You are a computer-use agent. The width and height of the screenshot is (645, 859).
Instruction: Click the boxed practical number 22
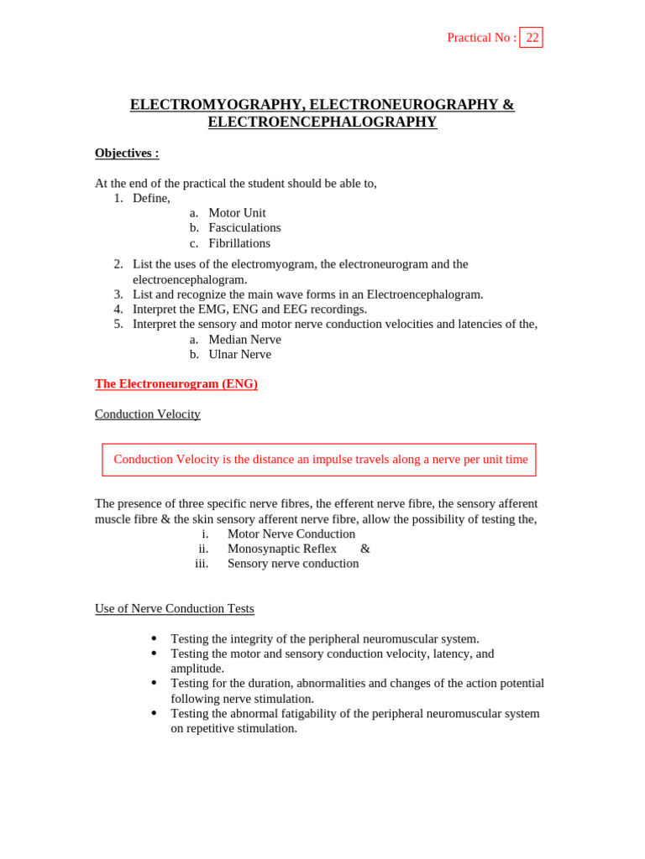pos(532,38)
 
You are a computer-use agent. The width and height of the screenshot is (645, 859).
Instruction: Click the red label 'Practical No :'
pos(481,38)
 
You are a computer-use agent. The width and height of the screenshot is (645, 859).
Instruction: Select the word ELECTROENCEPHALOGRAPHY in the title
pos(322,122)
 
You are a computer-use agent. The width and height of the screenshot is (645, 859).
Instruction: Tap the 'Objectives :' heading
pos(127,154)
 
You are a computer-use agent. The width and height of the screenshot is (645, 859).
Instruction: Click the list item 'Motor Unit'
pos(237,213)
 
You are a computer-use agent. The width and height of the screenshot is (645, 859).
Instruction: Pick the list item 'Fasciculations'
pos(244,228)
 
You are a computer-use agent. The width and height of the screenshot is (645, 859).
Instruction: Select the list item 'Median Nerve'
pos(244,340)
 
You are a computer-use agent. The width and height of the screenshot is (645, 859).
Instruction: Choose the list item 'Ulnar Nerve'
pos(239,355)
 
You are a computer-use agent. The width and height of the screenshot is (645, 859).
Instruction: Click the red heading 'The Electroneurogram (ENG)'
pos(176,384)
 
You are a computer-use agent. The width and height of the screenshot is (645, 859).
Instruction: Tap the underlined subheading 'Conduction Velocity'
pos(148,414)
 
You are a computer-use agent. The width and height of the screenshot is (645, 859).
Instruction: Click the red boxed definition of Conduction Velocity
pos(320,460)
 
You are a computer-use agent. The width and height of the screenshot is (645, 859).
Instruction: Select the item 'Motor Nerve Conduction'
pos(291,534)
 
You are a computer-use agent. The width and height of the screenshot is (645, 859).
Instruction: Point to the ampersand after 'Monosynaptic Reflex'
pos(365,549)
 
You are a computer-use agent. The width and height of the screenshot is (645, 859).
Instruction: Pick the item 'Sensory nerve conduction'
pos(293,564)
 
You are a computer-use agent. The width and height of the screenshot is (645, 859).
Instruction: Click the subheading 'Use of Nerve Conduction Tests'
pos(175,609)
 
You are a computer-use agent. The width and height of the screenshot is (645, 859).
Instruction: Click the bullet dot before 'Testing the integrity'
pos(154,638)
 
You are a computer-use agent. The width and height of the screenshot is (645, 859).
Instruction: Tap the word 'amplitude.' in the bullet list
pos(197,669)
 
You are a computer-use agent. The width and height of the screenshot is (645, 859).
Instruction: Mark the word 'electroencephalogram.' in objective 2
pos(190,279)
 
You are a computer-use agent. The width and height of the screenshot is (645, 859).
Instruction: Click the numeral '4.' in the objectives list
pos(118,310)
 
